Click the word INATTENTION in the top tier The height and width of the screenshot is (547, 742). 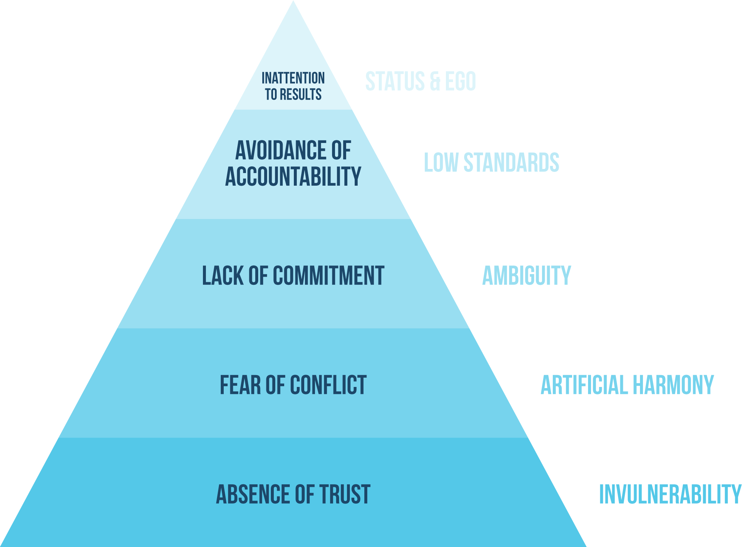(293, 78)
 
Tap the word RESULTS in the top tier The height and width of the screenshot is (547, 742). (301, 95)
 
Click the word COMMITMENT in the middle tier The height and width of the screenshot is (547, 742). (328, 276)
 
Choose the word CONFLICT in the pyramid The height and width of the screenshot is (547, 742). (328, 385)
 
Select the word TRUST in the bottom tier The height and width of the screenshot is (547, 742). (345, 494)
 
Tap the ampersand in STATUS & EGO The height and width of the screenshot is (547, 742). (435, 81)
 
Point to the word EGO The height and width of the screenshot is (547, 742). (460, 81)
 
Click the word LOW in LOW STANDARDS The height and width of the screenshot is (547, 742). (441, 163)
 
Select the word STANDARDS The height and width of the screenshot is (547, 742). (512, 163)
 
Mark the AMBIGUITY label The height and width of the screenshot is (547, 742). (526, 276)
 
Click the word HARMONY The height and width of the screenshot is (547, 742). (673, 385)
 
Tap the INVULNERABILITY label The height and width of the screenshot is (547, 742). (670, 494)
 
